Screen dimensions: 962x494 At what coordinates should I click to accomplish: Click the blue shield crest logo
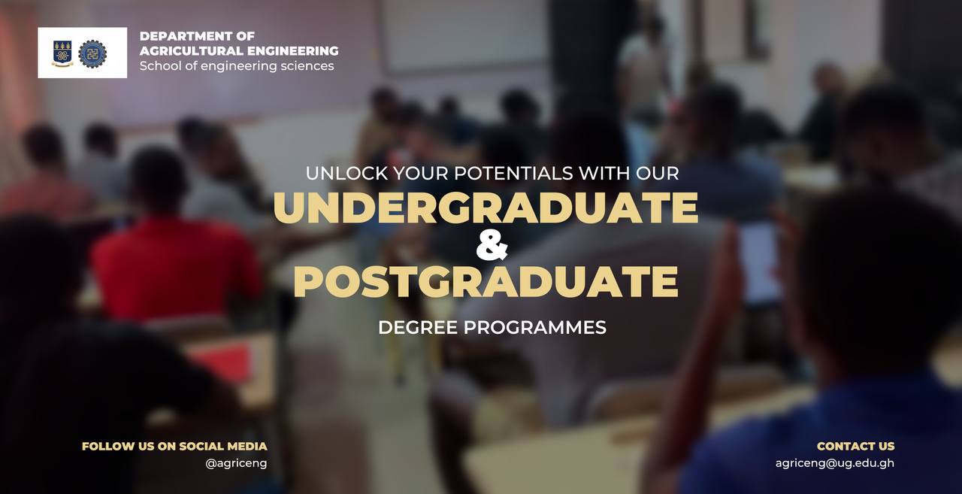point(62,53)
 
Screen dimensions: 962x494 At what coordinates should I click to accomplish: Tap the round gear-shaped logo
point(92,53)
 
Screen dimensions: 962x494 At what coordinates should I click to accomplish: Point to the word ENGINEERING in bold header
point(293,50)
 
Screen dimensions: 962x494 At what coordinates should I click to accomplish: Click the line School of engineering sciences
point(237,66)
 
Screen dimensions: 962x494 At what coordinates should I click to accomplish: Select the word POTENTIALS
point(513,174)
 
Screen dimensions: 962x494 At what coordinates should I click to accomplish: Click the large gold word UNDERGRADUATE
point(486,208)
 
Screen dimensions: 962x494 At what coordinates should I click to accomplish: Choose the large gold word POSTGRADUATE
point(486,282)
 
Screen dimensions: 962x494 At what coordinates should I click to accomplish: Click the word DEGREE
point(418,327)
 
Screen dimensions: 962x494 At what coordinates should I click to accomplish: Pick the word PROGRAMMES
point(534,327)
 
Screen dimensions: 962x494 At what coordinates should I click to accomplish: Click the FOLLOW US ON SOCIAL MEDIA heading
point(174,447)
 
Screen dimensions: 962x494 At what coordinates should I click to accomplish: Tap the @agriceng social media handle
point(236,463)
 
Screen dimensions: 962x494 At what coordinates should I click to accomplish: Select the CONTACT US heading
point(855,447)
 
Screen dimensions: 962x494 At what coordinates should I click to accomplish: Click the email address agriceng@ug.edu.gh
point(835,463)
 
